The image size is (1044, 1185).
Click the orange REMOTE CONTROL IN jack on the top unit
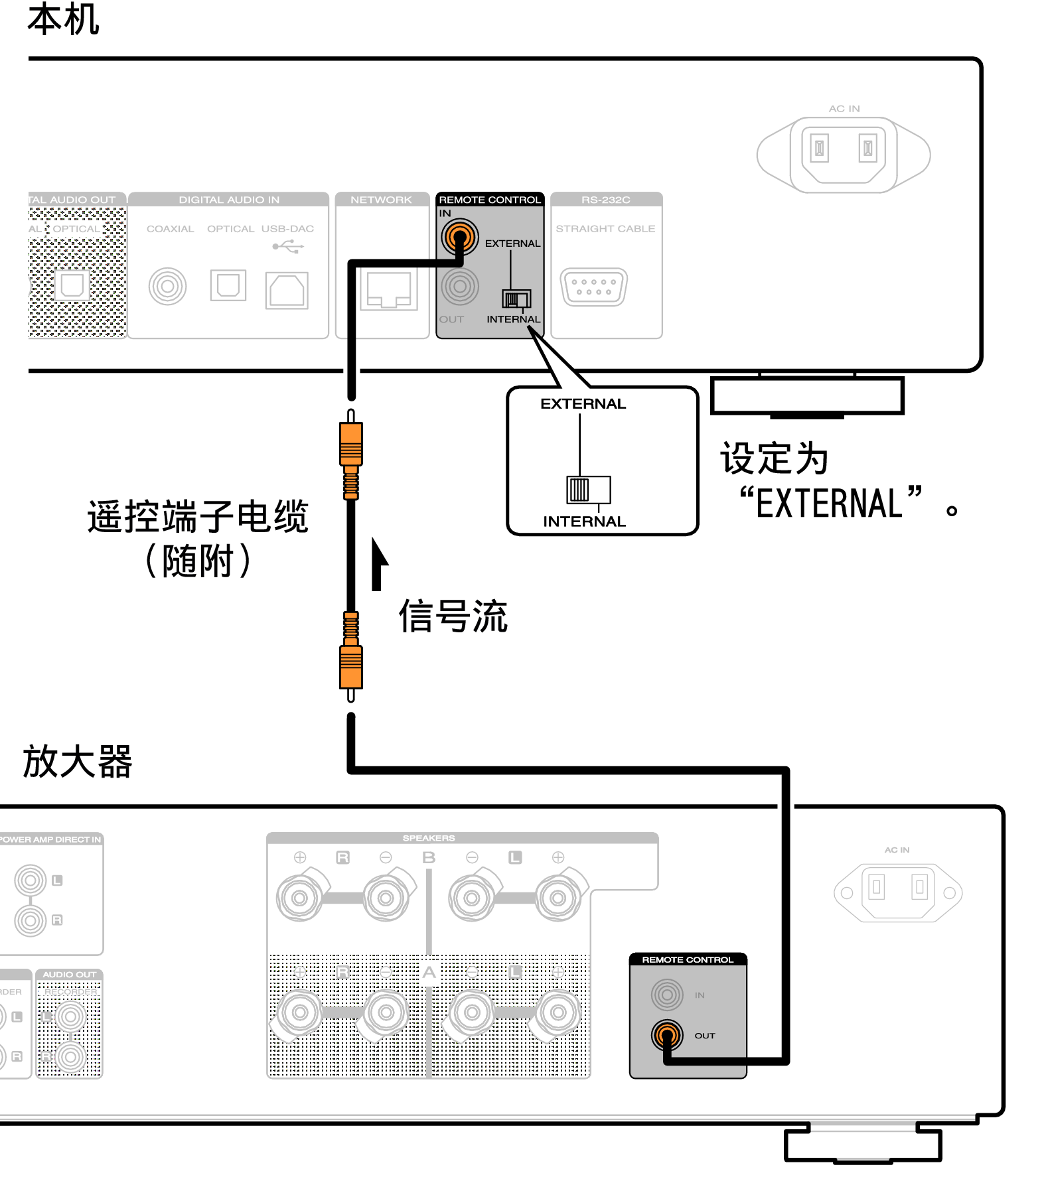[460, 236]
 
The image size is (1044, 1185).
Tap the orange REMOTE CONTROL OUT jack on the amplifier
[667, 1034]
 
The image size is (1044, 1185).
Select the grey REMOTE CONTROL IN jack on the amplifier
[667, 995]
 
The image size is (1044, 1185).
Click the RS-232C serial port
[593, 287]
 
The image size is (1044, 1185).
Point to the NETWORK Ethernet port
[389, 291]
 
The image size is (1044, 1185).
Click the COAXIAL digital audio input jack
[167, 287]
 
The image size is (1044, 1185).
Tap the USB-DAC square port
[287, 290]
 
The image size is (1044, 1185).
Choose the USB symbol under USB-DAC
[288, 247]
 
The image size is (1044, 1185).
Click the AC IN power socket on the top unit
[844, 155]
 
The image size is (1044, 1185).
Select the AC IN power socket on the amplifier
[897, 892]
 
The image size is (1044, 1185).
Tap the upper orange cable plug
[351, 445]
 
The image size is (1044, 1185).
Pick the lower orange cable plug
[351, 667]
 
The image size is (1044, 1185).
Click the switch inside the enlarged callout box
[587, 490]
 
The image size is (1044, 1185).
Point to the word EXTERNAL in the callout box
[583, 403]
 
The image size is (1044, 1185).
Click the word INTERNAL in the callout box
[584, 522]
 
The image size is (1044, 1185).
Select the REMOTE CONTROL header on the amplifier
[688, 959]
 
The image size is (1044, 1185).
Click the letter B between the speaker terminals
[429, 857]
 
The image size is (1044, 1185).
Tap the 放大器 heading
[78, 761]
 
